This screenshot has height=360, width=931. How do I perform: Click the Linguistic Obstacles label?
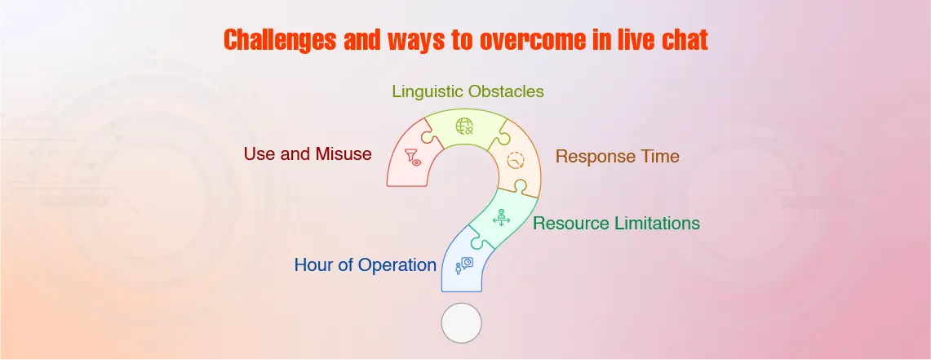[x=468, y=91]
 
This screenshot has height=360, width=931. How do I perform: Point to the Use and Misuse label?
[x=308, y=153]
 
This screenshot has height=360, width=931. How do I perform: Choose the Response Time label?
[x=618, y=156]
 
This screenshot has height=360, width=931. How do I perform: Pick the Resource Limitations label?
[x=616, y=224]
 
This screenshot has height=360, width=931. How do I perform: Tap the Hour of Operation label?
[x=366, y=265]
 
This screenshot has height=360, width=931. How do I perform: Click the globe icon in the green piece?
[x=463, y=126]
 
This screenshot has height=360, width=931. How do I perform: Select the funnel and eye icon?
[x=413, y=158]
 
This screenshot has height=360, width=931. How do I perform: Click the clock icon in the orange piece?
[x=516, y=160]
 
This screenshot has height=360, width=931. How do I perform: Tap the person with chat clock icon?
[x=463, y=265]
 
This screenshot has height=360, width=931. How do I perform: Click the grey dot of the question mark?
[x=461, y=323]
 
